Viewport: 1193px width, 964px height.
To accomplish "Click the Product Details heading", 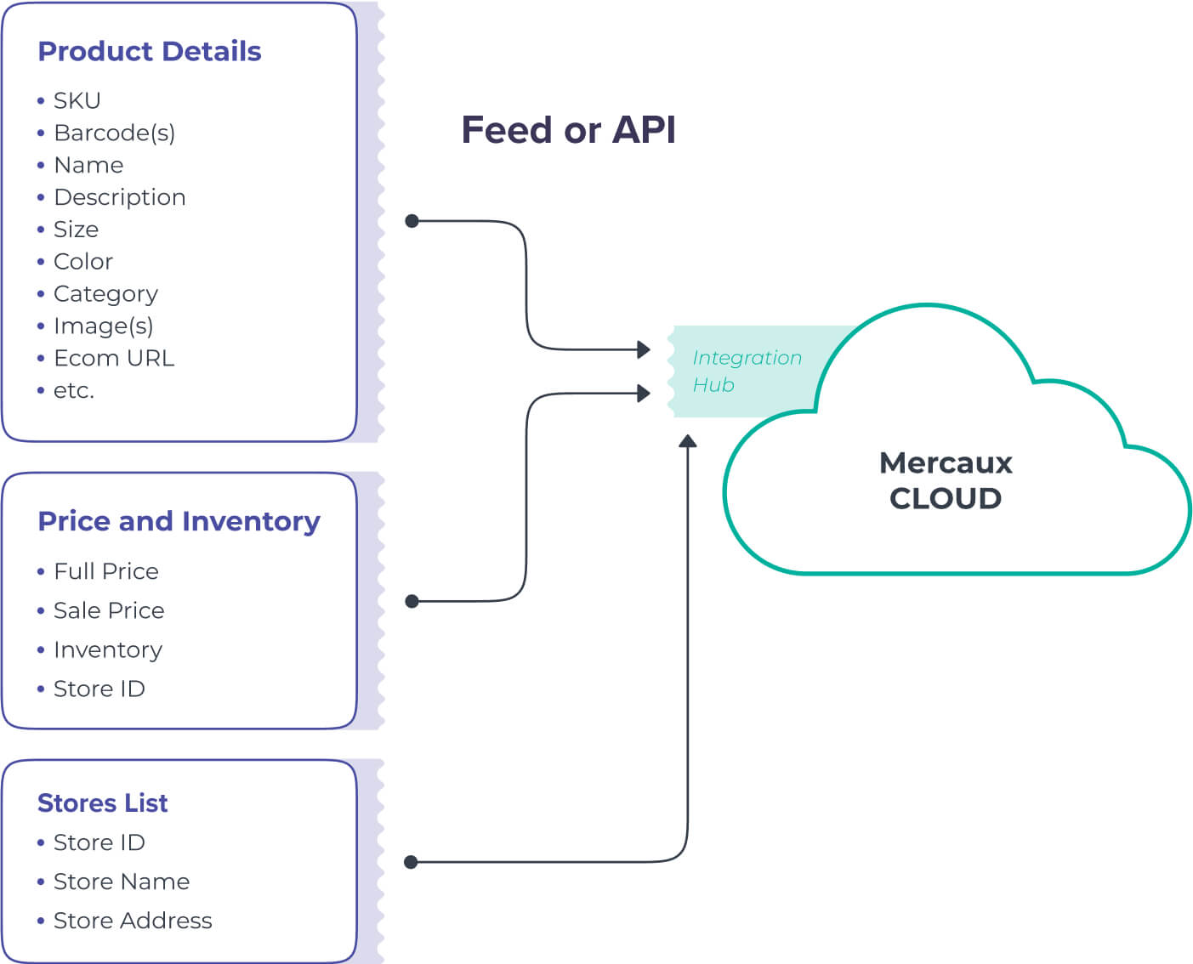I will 149,52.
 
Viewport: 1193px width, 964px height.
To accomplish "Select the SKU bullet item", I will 77,101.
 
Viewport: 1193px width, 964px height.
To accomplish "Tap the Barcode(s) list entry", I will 114,133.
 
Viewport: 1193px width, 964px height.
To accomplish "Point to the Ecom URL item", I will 113,359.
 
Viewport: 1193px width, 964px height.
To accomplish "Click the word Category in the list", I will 105,294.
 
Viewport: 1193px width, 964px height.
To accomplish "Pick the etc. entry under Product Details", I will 73,391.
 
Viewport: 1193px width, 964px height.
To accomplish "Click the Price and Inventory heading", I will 179,521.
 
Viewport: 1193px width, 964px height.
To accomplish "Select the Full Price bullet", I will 105,571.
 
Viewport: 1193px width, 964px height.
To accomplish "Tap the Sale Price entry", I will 108,610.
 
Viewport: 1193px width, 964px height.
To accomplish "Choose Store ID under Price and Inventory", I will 99,689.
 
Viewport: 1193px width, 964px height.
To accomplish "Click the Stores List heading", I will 102,803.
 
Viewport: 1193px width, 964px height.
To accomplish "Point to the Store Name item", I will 121,882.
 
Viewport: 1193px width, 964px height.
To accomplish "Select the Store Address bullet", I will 132,921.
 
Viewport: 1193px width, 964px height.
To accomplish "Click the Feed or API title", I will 568,130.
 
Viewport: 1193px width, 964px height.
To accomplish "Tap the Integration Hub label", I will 746,371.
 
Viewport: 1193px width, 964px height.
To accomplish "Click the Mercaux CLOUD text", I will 946,480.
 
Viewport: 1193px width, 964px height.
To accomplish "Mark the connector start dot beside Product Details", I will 412,221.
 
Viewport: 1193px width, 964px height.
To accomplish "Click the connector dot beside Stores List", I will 412,862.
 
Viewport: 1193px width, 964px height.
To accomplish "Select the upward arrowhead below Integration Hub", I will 688,441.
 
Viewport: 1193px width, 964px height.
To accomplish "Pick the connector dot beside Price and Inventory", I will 412,601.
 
